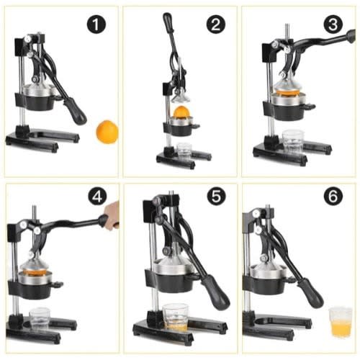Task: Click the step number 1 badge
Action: (96, 24)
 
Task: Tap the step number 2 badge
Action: (216, 24)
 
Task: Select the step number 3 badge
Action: (333, 24)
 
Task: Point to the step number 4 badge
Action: (97, 197)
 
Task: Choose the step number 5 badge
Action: (216, 197)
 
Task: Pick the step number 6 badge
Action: (333, 197)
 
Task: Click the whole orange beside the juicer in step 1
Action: (107, 132)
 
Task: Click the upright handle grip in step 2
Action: (167, 21)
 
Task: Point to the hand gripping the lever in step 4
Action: (112, 216)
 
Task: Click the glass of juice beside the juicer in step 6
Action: (341, 322)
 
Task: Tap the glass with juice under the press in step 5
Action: (175, 318)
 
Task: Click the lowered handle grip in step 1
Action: (76, 112)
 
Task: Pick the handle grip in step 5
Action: (215, 291)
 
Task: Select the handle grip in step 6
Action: (311, 293)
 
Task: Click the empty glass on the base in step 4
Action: (40, 319)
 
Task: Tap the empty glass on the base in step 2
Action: (184, 150)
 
